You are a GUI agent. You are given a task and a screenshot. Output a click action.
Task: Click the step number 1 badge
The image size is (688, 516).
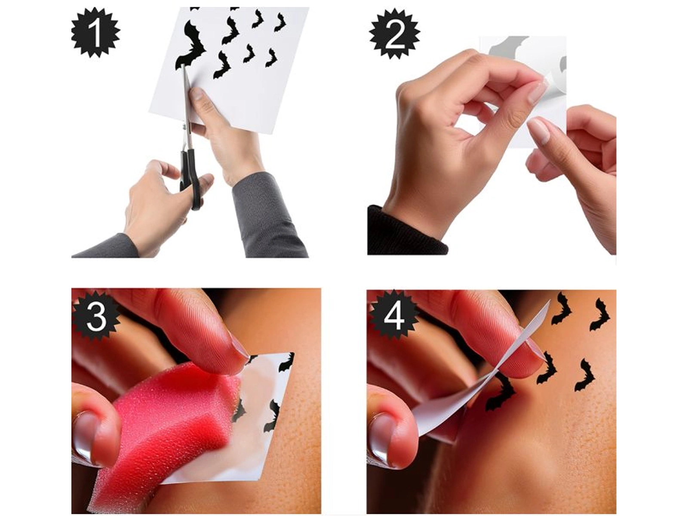(x=96, y=33)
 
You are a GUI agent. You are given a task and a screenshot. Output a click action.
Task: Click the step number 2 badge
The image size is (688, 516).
(x=394, y=34)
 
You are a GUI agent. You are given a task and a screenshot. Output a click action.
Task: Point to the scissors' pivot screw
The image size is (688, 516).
(x=184, y=126)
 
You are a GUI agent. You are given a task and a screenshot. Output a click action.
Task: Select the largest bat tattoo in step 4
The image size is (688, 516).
(x=500, y=393)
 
